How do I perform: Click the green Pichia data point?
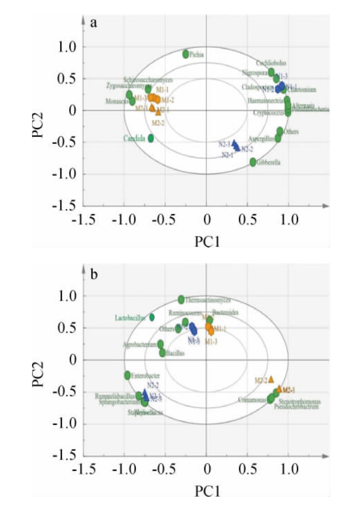186,54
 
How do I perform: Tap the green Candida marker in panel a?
151,138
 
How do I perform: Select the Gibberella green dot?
253,162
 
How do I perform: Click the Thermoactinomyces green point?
182,299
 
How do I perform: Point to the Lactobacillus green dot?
152,317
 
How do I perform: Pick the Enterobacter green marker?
128,375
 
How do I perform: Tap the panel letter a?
93,24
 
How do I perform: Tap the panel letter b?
94,274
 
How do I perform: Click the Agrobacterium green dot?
160,344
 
